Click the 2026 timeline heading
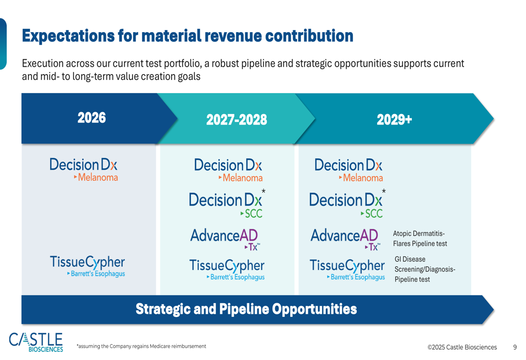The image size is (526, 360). pyautogui.click(x=92, y=118)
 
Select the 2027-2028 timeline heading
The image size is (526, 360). pyautogui.click(x=236, y=120)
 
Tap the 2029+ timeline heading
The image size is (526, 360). pyautogui.click(x=394, y=120)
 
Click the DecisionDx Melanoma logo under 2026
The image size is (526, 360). pyautogui.click(x=84, y=169)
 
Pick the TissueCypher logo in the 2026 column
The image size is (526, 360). pyautogui.click(x=87, y=266)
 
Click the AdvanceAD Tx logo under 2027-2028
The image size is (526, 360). pyautogui.click(x=225, y=239)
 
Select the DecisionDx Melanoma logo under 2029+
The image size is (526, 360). pyautogui.click(x=348, y=170)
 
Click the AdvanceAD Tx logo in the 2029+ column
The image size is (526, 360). pyautogui.click(x=345, y=239)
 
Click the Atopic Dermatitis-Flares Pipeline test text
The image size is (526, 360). pyautogui.click(x=420, y=239)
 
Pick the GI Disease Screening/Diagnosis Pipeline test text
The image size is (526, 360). pyautogui.click(x=424, y=269)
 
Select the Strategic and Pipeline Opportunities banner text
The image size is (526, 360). pyautogui.click(x=246, y=309)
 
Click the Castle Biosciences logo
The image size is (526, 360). pyautogui.click(x=36, y=342)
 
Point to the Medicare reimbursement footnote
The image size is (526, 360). pyautogui.click(x=141, y=346)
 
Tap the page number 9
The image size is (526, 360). pyautogui.click(x=515, y=347)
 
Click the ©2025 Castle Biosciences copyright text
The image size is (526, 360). pyautogui.click(x=462, y=347)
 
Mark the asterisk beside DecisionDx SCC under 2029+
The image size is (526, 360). pyautogui.click(x=383, y=191)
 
